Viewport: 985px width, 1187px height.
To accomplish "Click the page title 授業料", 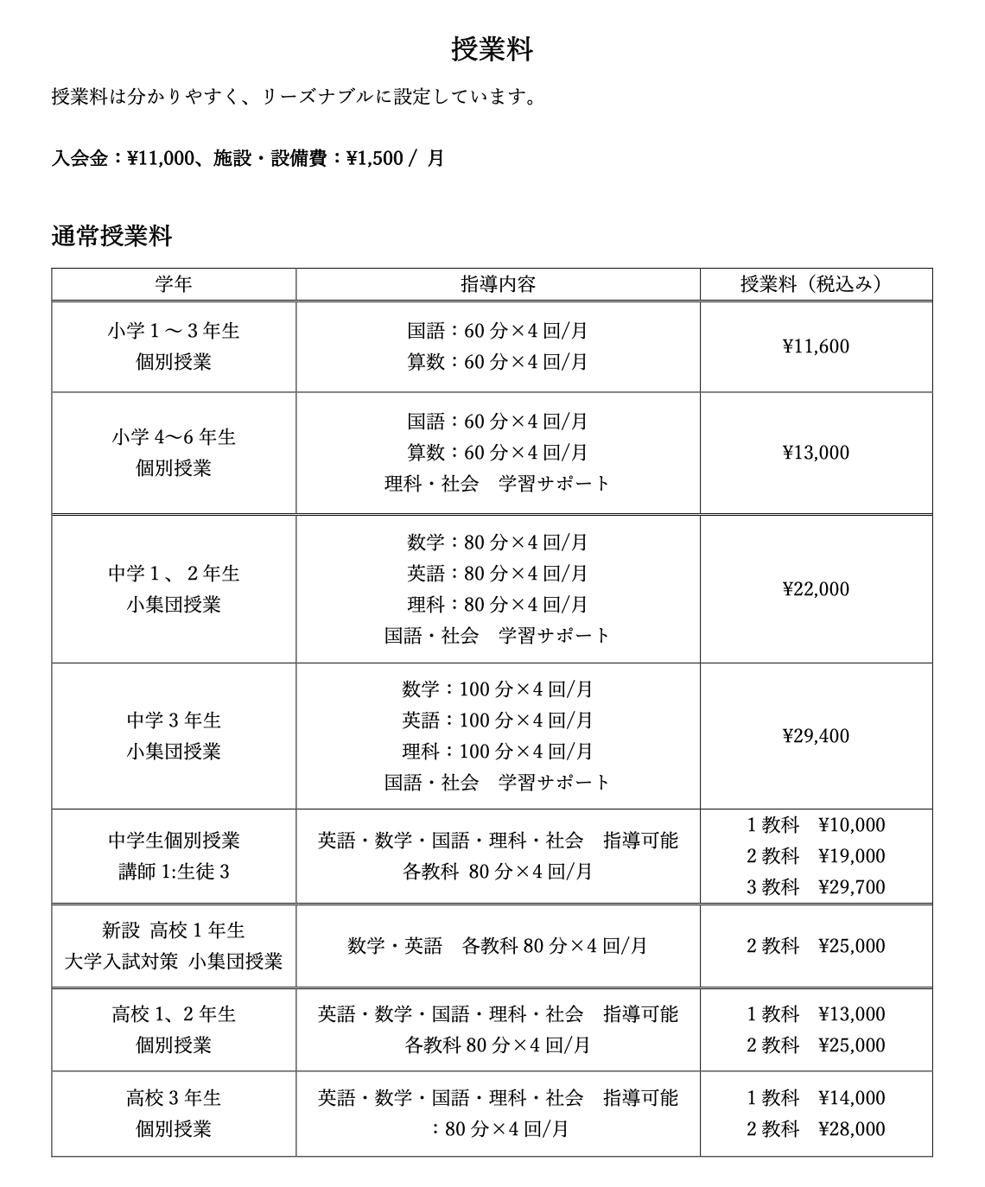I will coord(492,49).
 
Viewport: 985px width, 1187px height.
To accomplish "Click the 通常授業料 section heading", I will coord(111,236).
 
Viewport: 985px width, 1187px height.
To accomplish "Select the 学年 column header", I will coord(174,284).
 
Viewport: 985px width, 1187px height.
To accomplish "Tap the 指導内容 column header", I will coord(498,284).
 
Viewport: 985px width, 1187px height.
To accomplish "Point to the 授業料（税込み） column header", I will coord(816,284).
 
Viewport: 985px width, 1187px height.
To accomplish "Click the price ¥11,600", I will coord(816,347).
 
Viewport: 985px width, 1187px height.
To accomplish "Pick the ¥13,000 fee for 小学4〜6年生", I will coord(816,454).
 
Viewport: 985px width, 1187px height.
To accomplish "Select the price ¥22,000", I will coord(816,589).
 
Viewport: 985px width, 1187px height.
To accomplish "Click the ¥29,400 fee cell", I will coord(816,736).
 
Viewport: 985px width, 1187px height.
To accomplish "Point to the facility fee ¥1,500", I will coord(374,159).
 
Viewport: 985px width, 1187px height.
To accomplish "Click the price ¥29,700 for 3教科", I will coord(851,887).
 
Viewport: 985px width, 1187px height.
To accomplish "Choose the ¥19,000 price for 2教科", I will coord(851,856).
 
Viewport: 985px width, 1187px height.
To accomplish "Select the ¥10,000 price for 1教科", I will coord(851,825).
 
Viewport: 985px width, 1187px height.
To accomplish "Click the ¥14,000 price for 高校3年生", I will coord(851,1098).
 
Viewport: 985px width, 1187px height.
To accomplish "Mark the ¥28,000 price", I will coord(851,1129).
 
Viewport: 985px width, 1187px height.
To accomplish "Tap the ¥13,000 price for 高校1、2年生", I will coord(851,1014).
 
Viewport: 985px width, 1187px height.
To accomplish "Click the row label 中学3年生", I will coord(174,720).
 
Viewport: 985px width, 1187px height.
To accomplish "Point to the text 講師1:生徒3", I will coord(174,872).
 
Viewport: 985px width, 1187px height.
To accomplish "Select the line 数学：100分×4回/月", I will coord(498,689).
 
